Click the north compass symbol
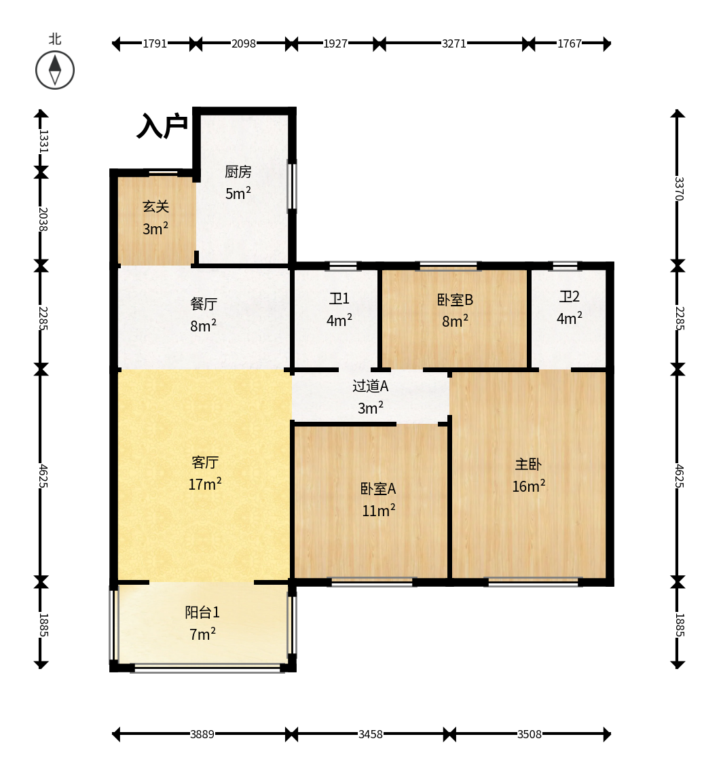pos(54,70)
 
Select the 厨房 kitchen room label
pos(238,172)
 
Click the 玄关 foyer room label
pos(155,206)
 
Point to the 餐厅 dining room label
pos(204,304)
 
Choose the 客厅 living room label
pos(204,462)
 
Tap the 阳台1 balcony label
pos(202,612)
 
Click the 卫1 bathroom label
pos(339,299)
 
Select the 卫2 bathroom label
pos(569,297)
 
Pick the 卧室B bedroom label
pos(455,300)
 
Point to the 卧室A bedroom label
pos(378,488)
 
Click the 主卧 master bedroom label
pos(528,464)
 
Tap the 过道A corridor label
pos(371,386)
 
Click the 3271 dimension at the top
pos(454,43)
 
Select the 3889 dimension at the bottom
pos(202,734)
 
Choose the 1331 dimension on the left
pos(43,141)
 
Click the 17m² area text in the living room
pos(204,484)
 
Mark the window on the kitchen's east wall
pos(292,186)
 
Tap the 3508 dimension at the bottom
pos(530,734)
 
